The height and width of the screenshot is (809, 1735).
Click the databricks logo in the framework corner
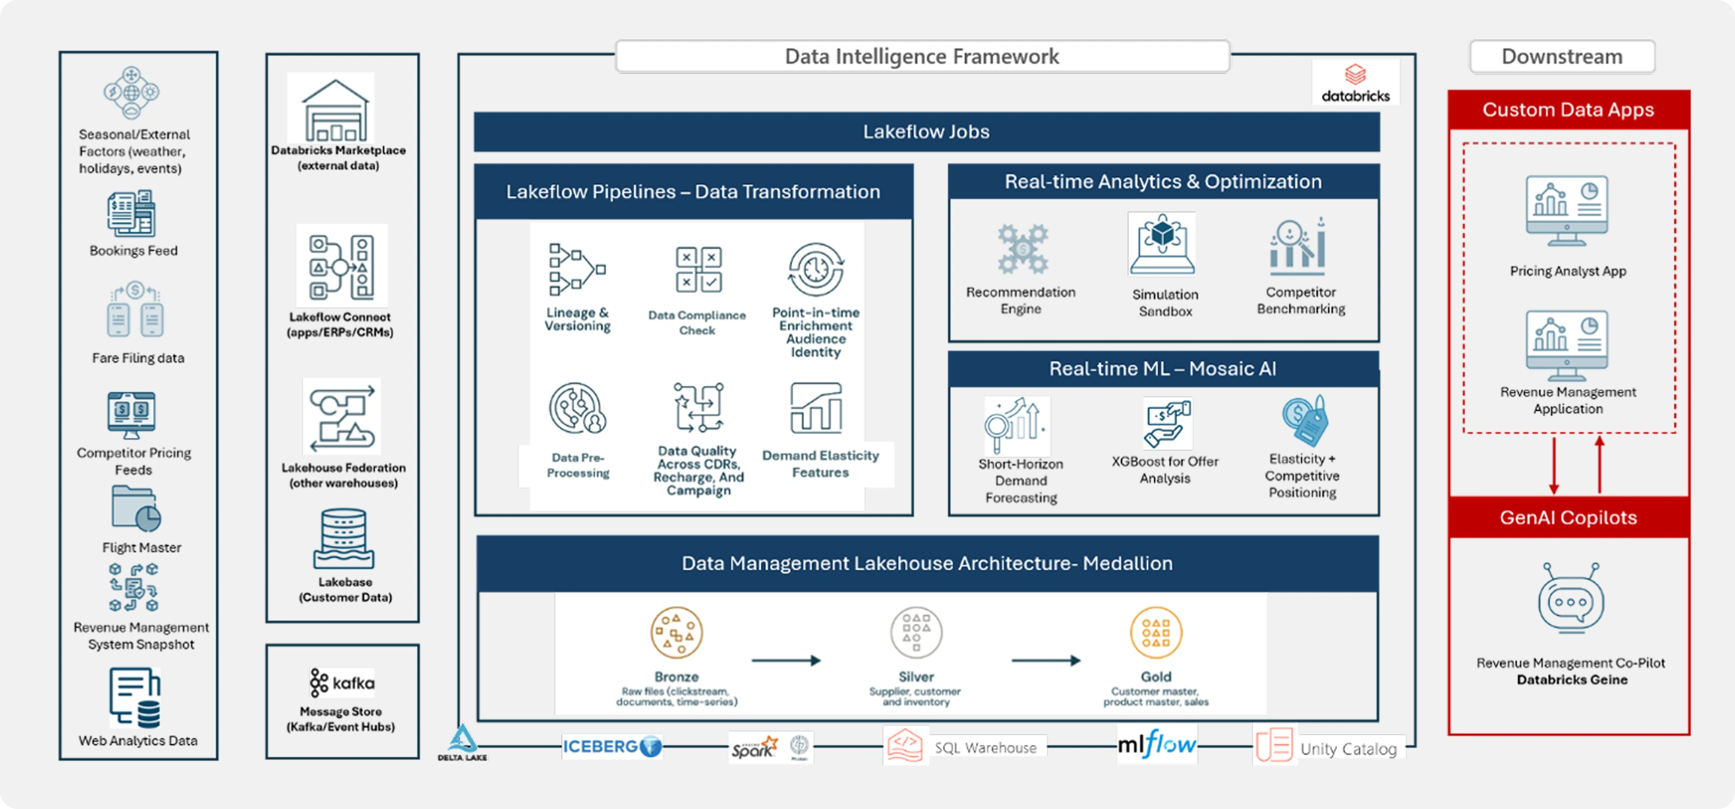[1355, 83]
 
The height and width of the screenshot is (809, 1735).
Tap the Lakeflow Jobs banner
[926, 131]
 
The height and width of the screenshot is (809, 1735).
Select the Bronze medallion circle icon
[676, 632]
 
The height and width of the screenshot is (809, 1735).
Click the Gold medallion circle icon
[1156, 632]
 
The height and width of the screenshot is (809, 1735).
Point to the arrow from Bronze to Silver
[786, 661]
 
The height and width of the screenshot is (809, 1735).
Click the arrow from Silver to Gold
[1046, 661]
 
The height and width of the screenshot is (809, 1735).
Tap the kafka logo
[342, 683]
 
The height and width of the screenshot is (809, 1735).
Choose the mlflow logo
[1156, 744]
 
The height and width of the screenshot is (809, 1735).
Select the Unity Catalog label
[1348, 748]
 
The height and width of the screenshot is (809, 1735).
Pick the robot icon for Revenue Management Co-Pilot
[1571, 598]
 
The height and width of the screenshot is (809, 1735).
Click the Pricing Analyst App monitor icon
[1566, 211]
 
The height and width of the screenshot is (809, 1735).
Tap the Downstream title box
[1562, 57]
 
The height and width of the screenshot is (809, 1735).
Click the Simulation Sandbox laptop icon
[1162, 244]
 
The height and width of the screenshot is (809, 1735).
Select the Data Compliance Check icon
[698, 270]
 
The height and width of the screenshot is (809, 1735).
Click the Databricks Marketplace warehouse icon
[335, 110]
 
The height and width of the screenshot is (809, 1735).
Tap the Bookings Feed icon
[131, 213]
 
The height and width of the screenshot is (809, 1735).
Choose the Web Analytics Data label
[138, 740]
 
